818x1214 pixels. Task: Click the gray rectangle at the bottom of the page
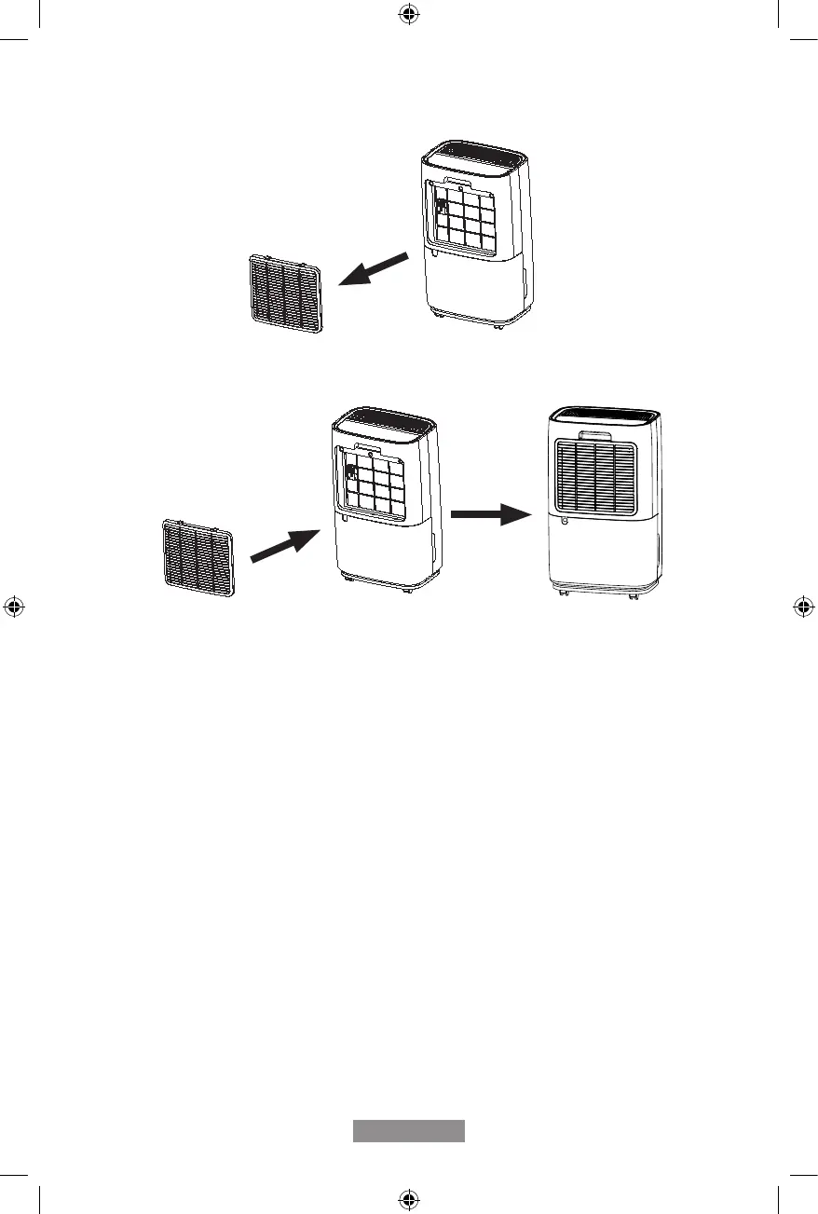[408, 1130]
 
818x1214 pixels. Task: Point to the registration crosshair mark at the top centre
[408, 14]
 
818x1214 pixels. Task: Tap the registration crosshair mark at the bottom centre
[408, 1199]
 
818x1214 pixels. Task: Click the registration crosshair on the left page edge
[14, 607]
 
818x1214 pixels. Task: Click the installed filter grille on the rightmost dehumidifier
[595, 476]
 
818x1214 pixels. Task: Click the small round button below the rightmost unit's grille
[566, 522]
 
